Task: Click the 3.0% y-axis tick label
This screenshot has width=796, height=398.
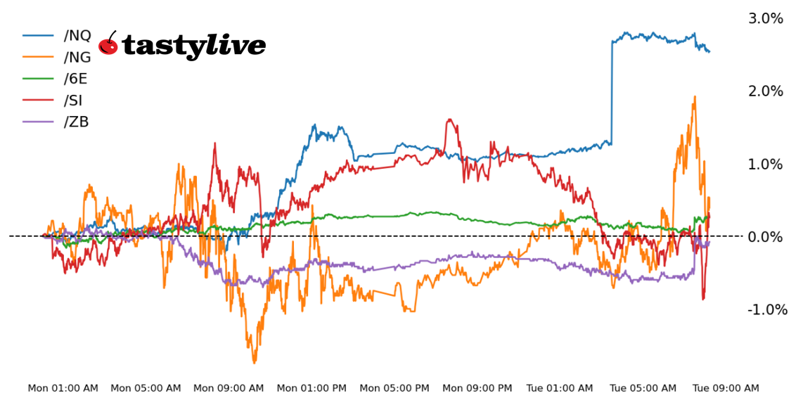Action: click(765, 18)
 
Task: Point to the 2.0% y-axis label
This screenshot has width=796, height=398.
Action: click(765, 91)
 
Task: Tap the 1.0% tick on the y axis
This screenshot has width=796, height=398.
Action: click(765, 165)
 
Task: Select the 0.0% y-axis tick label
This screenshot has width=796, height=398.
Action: click(765, 237)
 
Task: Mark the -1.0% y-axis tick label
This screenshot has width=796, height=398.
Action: click(767, 310)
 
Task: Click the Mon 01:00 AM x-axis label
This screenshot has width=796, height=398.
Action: click(63, 388)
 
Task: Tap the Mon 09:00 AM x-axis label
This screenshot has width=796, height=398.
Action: click(229, 388)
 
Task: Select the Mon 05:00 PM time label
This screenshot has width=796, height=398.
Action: click(394, 388)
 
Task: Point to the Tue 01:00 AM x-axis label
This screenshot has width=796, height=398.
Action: click(560, 388)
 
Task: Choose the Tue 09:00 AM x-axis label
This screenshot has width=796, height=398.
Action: click(726, 388)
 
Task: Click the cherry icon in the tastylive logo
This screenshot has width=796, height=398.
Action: click(108, 44)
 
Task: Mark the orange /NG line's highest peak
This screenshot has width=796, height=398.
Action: click(695, 97)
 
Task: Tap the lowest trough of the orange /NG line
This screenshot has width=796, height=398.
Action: click(254, 362)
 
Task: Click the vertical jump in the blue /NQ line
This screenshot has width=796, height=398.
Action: click(612, 91)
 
